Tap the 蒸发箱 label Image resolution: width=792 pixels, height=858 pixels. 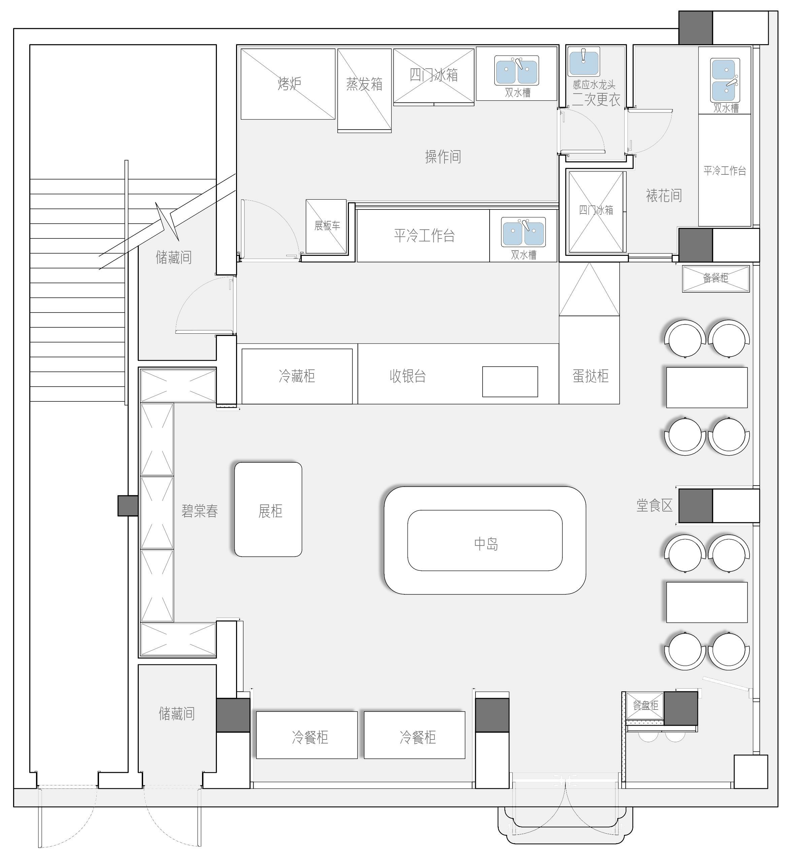point(364,84)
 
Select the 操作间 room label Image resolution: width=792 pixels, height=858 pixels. point(443,157)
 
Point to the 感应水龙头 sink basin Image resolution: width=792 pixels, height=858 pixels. point(583,62)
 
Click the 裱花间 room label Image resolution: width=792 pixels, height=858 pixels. point(663,195)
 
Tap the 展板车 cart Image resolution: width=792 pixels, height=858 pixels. point(326,226)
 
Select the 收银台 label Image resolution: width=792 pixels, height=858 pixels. point(407,376)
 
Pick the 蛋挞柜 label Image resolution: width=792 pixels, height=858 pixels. point(590,376)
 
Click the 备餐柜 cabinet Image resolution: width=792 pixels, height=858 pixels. point(716,278)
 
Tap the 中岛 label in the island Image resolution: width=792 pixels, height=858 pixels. point(486,544)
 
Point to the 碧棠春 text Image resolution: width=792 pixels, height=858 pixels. point(200,511)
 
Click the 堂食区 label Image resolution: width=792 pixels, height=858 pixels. point(654,505)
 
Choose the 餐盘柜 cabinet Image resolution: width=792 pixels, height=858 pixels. point(645,705)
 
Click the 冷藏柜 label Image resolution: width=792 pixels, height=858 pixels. point(297,376)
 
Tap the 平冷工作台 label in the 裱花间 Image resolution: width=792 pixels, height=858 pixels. point(725,171)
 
